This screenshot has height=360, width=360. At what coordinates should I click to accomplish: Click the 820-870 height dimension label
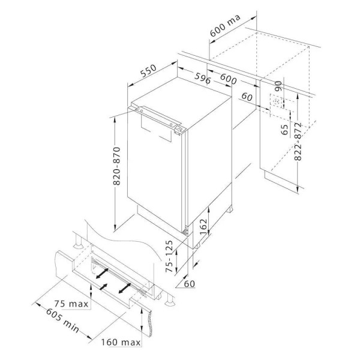[117, 166]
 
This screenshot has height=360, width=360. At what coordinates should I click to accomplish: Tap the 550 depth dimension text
[148, 71]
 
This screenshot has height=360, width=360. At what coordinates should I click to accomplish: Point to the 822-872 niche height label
[298, 142]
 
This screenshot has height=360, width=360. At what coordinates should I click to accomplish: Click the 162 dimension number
[203, 226]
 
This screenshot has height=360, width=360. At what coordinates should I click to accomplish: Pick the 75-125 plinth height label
[169, 256]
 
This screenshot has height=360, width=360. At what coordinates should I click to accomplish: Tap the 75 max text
[71, 304]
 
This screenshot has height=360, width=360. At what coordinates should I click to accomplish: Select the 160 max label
[121, 343]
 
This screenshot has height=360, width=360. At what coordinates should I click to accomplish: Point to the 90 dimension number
[278, 86]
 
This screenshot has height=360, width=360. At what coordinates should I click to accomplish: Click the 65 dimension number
[284, 130]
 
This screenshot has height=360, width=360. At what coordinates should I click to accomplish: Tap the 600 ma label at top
[225, 25]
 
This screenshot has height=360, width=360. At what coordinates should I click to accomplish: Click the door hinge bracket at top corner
[180, 130]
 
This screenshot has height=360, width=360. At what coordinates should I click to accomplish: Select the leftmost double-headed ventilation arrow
[102, 273]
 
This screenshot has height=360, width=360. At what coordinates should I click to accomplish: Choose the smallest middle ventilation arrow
[104, 287]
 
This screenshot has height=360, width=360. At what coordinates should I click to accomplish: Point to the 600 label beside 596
[228, 79]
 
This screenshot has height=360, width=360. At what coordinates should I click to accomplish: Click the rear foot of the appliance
[230, 209]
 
